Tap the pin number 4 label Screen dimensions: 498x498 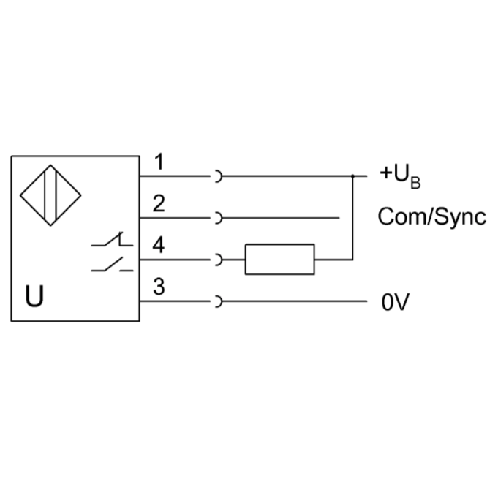point(159,246)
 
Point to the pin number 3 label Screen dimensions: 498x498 point(159,287)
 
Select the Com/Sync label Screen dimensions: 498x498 point(431,217)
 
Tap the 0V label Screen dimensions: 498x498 point(393,302)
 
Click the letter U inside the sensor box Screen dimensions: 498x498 point(34,297)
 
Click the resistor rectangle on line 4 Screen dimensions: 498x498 point(279,259)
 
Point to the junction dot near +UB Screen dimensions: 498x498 point(353,176)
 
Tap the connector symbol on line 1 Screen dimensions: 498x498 point(217,176)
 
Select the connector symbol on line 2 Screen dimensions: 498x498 point(217,218)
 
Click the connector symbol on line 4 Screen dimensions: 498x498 point(217,259)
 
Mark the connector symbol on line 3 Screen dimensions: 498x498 point(217,301)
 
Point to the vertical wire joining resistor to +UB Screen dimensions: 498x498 point(353,219)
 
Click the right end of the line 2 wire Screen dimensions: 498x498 point(339,218)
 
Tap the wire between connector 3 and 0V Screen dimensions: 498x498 point(293,301)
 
